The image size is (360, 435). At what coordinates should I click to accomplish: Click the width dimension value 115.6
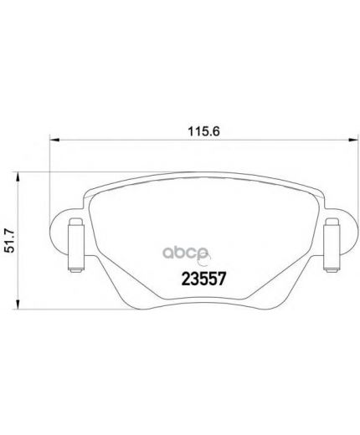point(203,131)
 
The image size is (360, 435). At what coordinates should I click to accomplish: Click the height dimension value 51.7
point(10,240)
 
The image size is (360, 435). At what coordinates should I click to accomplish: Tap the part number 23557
point(203,279)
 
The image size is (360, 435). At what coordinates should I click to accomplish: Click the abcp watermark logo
point(186,253)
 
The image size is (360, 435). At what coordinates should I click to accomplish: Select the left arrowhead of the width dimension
point(54,141)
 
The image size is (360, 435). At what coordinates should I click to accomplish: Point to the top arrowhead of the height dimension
point(18,177)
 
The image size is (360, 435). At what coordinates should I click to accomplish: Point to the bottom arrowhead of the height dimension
point(18,304)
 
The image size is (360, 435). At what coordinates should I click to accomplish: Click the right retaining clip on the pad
point(332,245)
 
